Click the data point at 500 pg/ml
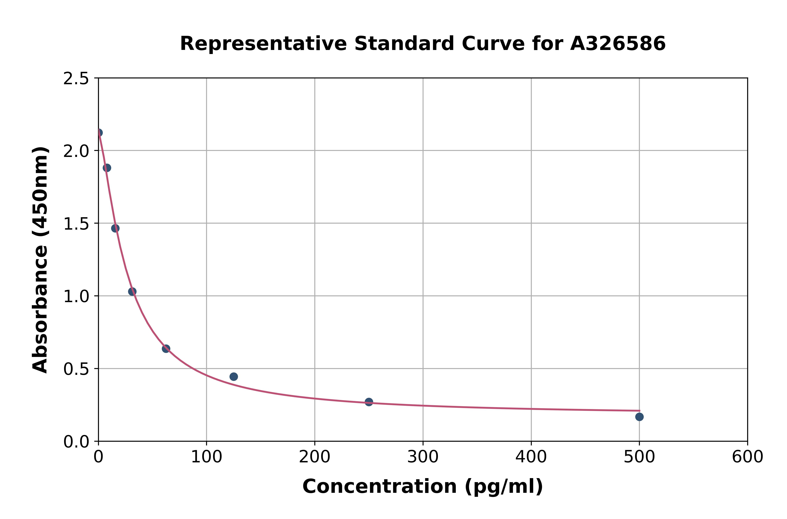click(639, 417)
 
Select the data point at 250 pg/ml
click(369, 402)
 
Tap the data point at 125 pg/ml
click(233, 377)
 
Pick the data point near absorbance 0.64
click(166, 349)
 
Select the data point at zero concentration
click(99, 133)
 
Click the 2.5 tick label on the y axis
click(76, 79)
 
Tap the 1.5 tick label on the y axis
click(76, 224)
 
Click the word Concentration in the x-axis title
click(380, 486)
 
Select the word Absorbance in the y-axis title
click(40, 309)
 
